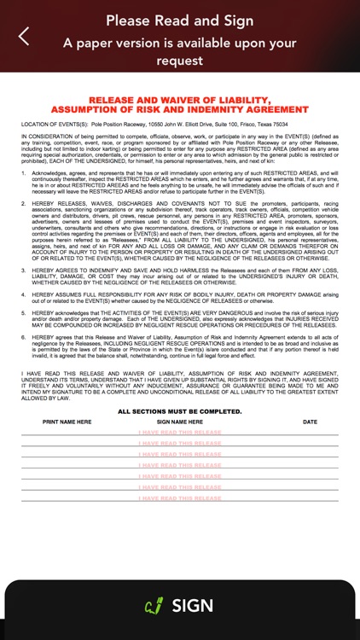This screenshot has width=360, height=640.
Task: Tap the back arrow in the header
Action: click(x=24, y=36)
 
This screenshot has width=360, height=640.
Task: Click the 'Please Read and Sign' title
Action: click(x=179, y=20)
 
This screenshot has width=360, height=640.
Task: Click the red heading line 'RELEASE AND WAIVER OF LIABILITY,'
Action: click(x=179, y=101)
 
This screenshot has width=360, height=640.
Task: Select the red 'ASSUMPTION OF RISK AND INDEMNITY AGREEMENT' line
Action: click(x=179, y=110)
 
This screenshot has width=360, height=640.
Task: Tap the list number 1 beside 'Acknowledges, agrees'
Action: click(x=24, y=173)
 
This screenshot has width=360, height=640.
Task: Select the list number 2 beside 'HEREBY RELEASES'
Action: click(x=24, y=205)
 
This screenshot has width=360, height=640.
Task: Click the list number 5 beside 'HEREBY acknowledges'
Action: click(x=24, y=313)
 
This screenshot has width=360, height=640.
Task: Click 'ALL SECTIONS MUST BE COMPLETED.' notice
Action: click(x=179, y=411)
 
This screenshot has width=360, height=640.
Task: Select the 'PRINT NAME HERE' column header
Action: click(x=67, y=422)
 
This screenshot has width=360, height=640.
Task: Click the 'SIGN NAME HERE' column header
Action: click(x=179, y=422)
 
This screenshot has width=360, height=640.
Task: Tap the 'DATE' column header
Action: click(x=310, y=422)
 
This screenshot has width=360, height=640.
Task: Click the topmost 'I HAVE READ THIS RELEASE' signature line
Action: click(x=179, y=433)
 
